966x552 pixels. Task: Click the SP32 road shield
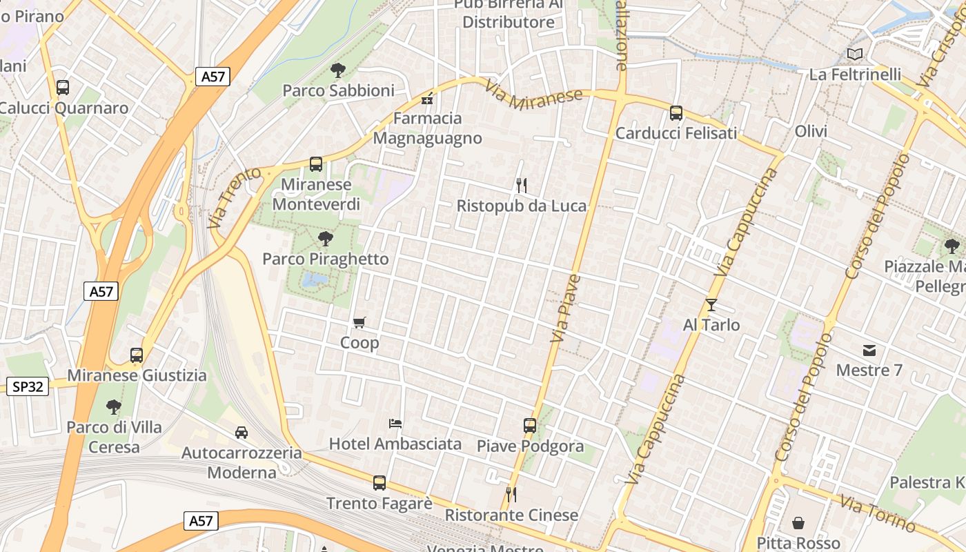28,386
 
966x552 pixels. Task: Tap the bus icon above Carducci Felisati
676,113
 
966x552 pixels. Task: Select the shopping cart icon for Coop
359,322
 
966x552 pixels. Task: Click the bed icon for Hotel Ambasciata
395,423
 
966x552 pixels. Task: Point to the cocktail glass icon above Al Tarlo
711,304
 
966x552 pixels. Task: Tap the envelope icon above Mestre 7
869,351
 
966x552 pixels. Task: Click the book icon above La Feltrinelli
855,54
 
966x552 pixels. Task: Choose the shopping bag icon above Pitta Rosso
798,523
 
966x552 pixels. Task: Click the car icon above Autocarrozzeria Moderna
241,433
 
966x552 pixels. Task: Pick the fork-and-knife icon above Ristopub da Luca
522,185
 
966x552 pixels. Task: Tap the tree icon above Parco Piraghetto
325,239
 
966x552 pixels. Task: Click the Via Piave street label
565,308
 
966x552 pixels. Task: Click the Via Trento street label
235,197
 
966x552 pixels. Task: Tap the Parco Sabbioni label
339,90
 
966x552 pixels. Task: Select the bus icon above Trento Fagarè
379,483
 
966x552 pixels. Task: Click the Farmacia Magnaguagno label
428,128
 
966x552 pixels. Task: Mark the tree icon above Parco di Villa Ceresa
114,407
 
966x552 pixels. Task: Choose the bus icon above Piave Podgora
530,426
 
